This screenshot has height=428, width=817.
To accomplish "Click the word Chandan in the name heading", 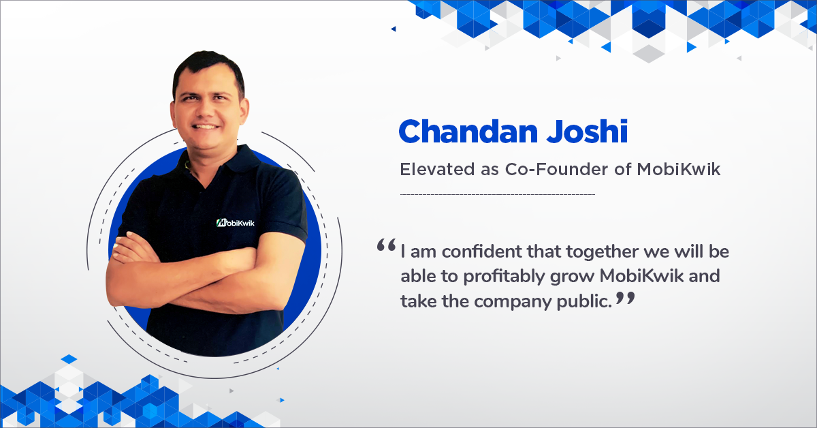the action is pyautogui.click(x=468, y=131).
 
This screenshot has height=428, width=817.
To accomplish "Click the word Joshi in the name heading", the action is pyautogui.click(x=587, y=131).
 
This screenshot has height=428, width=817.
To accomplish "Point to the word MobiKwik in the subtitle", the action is pyautogui.click(x=679, y=170).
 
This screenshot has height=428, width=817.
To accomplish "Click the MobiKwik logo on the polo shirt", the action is pyautogui.click(x=236, y=223).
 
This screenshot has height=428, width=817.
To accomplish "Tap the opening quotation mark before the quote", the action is pyautogui.click(x=386, y=245).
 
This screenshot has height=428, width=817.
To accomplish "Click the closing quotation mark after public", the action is pyautogui.click(x=626, y=298).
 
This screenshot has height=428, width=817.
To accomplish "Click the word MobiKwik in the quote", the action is pyautogui.click(x=641, y=276).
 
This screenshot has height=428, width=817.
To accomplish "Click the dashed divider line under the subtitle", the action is pyautogui.click(x=498, y=195).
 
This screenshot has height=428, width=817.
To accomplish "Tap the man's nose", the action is pyautogui.click(x=207, y=110).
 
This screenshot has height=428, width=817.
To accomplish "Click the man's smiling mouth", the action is pyautogui.click(x=206, y=127).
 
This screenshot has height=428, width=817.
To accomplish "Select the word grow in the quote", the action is pyautogui.click(x=573, y=277).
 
